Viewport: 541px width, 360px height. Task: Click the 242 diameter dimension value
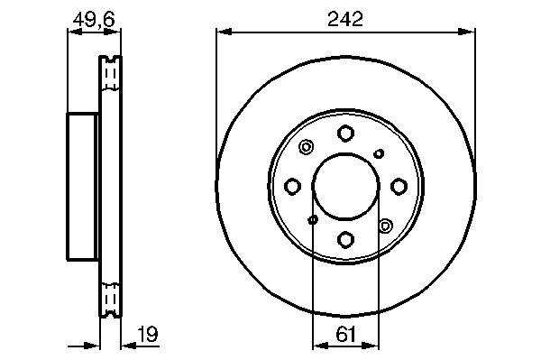[x=345, y=19]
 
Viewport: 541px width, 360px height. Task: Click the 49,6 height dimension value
[x=94, y=19]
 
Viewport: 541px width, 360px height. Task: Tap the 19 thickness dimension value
[x=147, y=334]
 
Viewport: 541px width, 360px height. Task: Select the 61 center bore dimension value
[x=345, y=334]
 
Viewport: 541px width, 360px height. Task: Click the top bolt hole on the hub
[x=345, y=134]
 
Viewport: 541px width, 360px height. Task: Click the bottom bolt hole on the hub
[x=345, y=239]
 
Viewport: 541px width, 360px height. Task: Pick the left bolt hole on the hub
[x=292, y=187]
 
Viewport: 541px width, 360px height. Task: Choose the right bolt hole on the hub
[x=399, y=187]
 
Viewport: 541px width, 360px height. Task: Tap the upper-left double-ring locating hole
[x=306, y=147]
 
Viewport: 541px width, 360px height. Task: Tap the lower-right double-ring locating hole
[x=385, y=226]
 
